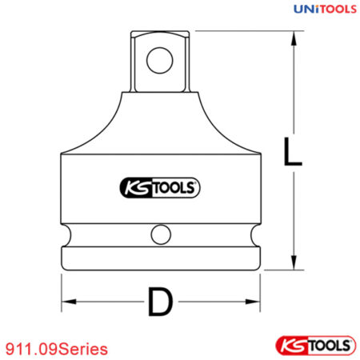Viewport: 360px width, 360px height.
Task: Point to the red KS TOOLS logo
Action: [x=314, y=345]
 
